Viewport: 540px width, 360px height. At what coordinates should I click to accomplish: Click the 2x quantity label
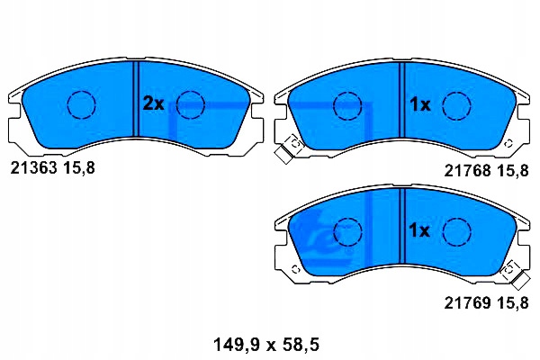tap(154, 104)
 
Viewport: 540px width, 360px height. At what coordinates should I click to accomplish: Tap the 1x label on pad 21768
tap(420, 104)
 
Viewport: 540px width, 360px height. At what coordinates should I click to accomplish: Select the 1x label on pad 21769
tap(420, 231)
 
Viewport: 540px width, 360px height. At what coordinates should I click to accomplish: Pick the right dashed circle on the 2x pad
tap(191, 105)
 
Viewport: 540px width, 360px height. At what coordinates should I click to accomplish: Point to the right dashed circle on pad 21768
tap(457, 105)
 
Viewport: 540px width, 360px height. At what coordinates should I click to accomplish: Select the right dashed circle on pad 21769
tap(457, 232)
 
